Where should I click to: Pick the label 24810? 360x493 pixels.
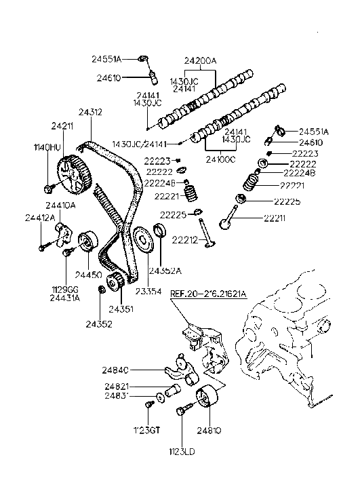coord(209,430)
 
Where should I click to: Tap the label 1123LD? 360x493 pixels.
coord(184,449)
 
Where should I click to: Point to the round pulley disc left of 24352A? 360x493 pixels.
coord(142,243)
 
